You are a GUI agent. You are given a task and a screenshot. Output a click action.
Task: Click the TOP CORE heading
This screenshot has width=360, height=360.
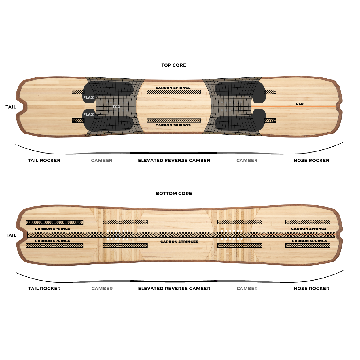click(174, 65)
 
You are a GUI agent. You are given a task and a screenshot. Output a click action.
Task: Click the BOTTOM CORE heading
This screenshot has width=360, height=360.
click(174, 194)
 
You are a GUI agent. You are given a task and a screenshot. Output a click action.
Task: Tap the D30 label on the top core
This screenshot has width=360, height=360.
click(300, 104)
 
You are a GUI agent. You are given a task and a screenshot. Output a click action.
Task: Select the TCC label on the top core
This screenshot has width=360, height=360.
click(116, 107)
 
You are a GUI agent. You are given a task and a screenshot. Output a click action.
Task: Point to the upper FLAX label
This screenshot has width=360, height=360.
click(88, 98)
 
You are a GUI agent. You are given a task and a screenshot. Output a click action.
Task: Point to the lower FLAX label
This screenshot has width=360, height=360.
click(88, 115)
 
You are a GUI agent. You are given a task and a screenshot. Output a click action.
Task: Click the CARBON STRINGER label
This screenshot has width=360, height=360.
click(179, 242)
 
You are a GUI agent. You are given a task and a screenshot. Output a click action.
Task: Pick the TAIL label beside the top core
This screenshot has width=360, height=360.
click(11, 107)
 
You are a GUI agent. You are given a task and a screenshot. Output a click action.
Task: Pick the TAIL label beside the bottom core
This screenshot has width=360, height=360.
click(11, 235)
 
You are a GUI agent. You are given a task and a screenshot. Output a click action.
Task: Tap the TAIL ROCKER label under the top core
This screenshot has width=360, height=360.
click(44, 160)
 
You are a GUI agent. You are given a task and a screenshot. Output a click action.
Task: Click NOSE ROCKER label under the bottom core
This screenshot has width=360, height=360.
click(312, 289)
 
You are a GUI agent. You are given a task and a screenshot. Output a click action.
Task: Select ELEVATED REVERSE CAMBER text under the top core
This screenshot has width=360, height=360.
click(174, 160)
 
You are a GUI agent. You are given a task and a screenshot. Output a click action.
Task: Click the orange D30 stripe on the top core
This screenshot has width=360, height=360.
click(293, 106)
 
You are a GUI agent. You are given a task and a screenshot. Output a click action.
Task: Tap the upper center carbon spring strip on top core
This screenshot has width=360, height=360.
click(174, 92)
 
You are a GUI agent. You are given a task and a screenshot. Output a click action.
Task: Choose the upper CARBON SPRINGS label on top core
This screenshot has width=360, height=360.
click(173, 88)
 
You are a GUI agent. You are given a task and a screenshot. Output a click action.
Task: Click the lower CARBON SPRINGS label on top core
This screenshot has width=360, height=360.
click(173, 125)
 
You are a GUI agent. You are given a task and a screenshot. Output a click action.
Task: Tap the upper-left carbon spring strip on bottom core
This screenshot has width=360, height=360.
click(54, 222)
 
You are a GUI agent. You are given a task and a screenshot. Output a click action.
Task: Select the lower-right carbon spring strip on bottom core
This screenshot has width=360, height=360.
click(308, 245)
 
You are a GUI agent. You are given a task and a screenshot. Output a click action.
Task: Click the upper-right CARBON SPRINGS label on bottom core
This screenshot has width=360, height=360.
click(309, 229)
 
